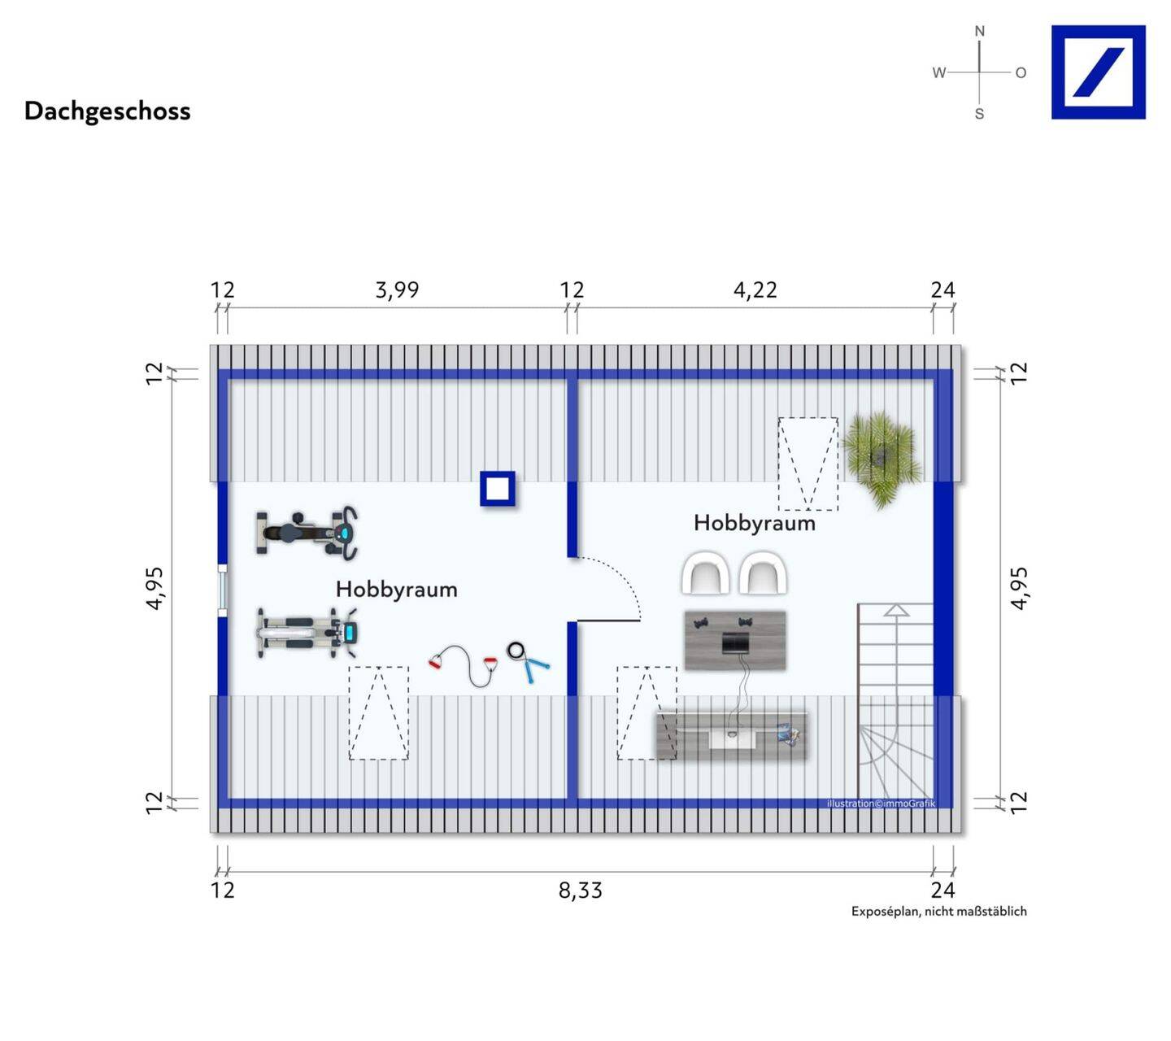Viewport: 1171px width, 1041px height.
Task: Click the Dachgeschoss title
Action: pyautogui.click(x=107, y=111)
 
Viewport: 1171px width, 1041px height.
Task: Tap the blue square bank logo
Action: pyautogui.click(x=1098, y=72)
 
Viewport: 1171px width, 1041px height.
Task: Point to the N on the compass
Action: pyautogui.click(x=979, y=31)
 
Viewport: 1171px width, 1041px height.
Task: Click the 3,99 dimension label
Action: pyautogui.click(x=397, y=290)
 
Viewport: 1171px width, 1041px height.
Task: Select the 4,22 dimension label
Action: pyautogui.click(x=755, y=290)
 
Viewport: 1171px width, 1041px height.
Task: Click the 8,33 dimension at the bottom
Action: pyautogui.click(x=581, y=891)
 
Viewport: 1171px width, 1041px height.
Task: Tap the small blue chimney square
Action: pyautogui.click(x=497, y=489)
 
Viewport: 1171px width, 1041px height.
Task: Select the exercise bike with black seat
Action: pyautogui.click(x=307, y=534)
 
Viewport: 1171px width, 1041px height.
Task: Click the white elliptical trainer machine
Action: pyautogui.click(x=307, y=633)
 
